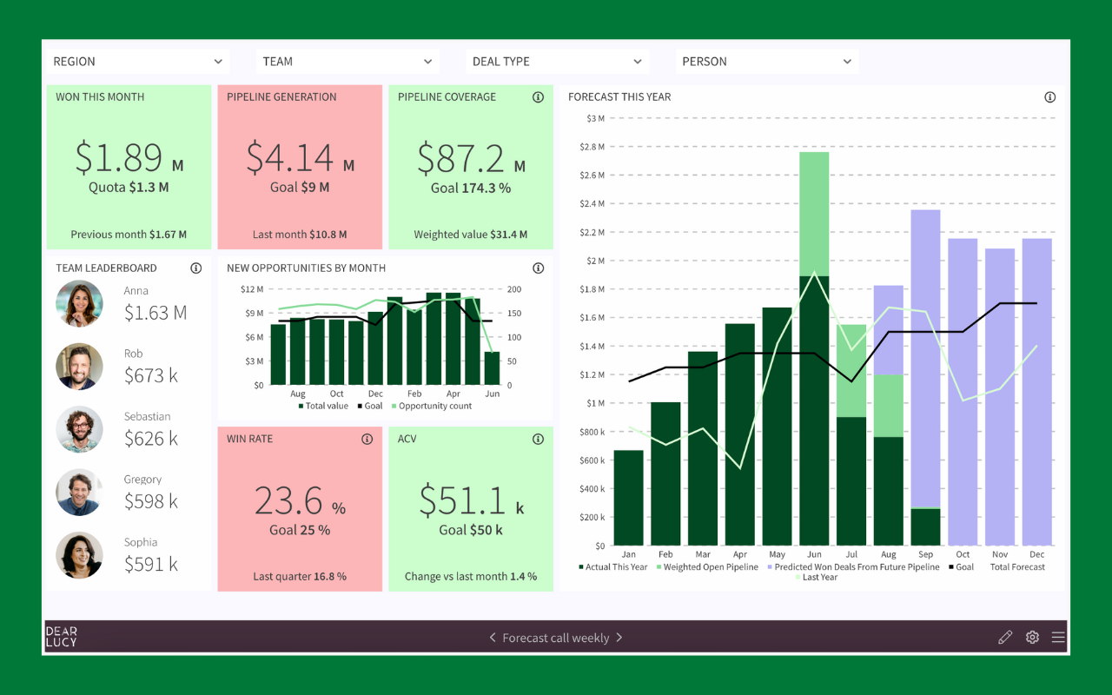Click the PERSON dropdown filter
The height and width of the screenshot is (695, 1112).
pyautogui.click(x=766, y=62)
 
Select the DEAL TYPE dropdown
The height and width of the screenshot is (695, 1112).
pyautogui.click(x=556, y=62)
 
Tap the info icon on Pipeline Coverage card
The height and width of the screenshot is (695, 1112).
pyautogui.click(x=538, y=97)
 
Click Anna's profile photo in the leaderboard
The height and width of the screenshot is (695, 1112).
pyautogui.click(x=79, y=304)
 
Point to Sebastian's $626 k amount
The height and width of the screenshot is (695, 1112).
pyautogui.click(x=151, y=439)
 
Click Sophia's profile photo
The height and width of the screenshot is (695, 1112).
pyautogui.click(x=79, y=555)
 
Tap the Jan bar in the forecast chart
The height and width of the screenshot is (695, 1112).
pyautogui.click(x=628, y=498)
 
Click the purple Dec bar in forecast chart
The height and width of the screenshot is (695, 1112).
pyautogui.click(x=1036, y=391)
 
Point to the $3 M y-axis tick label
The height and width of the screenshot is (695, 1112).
pyautogui.click(x=595, y=118)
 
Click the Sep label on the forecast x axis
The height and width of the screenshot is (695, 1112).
pyautogui.click(x=925, y=554)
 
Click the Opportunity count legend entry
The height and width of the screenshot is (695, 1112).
pyautogui.click(x=434, y=406)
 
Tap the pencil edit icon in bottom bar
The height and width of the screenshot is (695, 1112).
pyautogui.click(x=1005, y=638)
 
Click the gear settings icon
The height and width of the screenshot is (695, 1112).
pyautogui.click(x=1032, y=638)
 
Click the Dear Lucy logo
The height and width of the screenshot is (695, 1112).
pyautogui.click(x=61, y=637)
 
